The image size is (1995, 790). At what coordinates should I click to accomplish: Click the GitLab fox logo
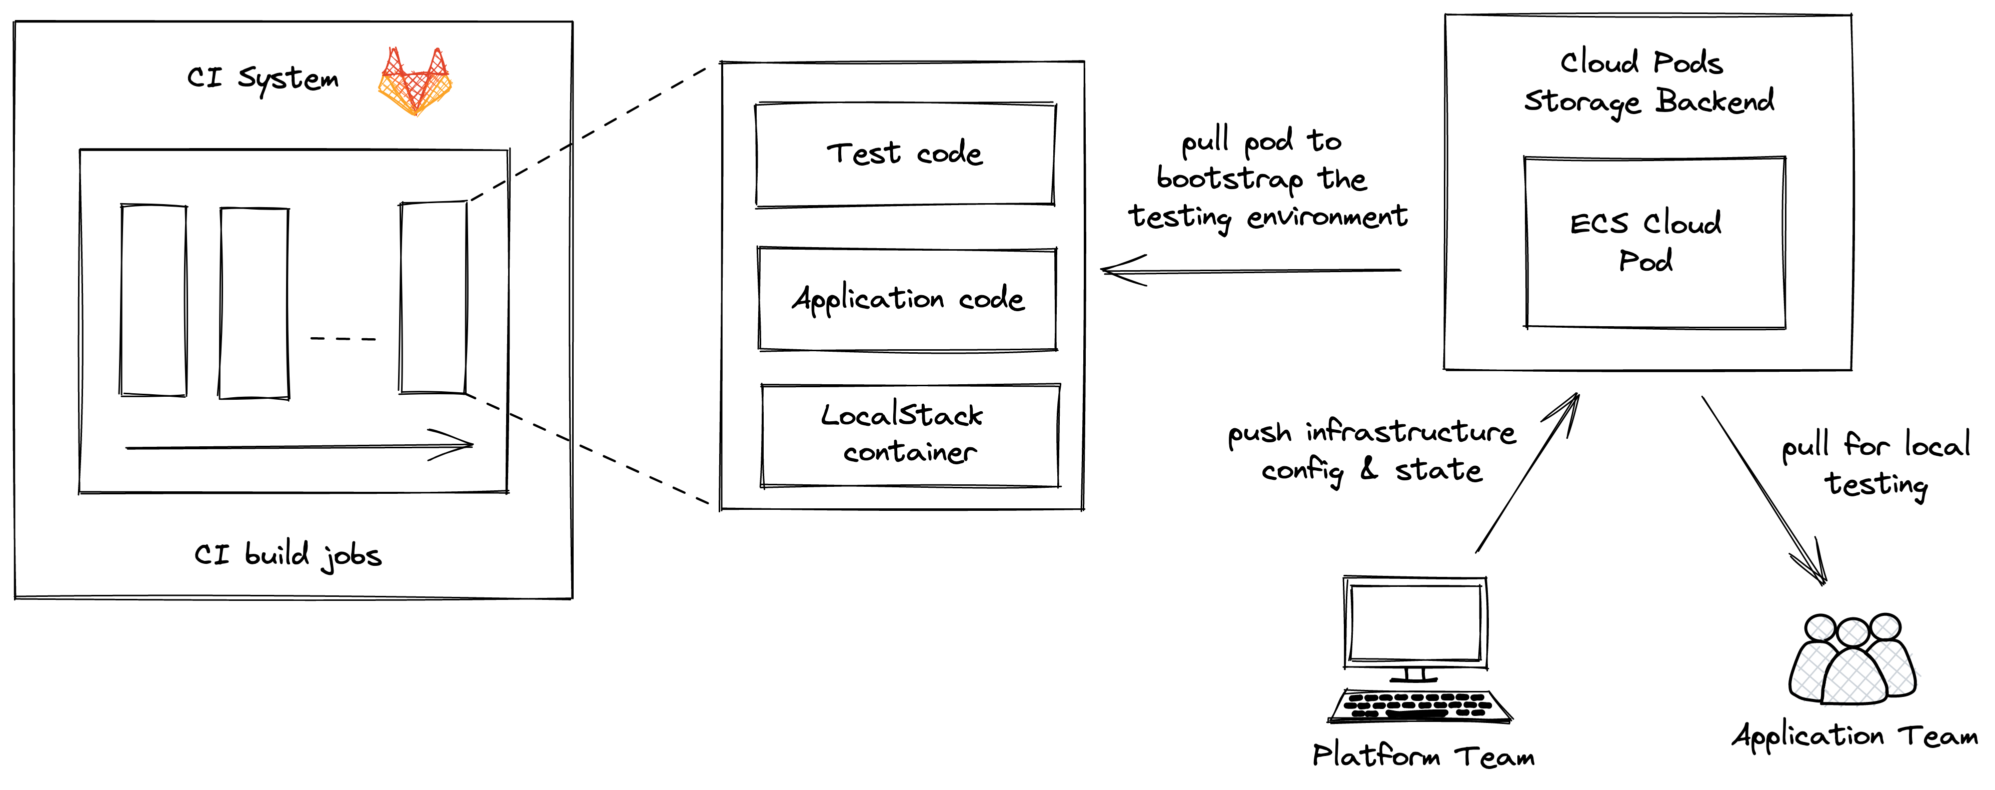pyautogui.click(x=415, y=82)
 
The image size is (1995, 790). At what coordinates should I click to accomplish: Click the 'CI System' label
pyautogui.click(x=263, y=78)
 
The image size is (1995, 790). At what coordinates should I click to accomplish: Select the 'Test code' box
pyautogui.click(x=905, y=154)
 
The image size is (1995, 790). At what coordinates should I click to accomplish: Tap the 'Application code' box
pyautogui.click(x=908, y=299)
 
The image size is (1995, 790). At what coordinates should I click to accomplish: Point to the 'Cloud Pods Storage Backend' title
pyautogui.click(x=1648, y=82)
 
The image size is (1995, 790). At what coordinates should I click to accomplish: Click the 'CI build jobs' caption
pyautogui.click(x=288, y=554)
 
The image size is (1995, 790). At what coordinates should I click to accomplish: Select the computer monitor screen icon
pyautogui.click(x=1415, y=622)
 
